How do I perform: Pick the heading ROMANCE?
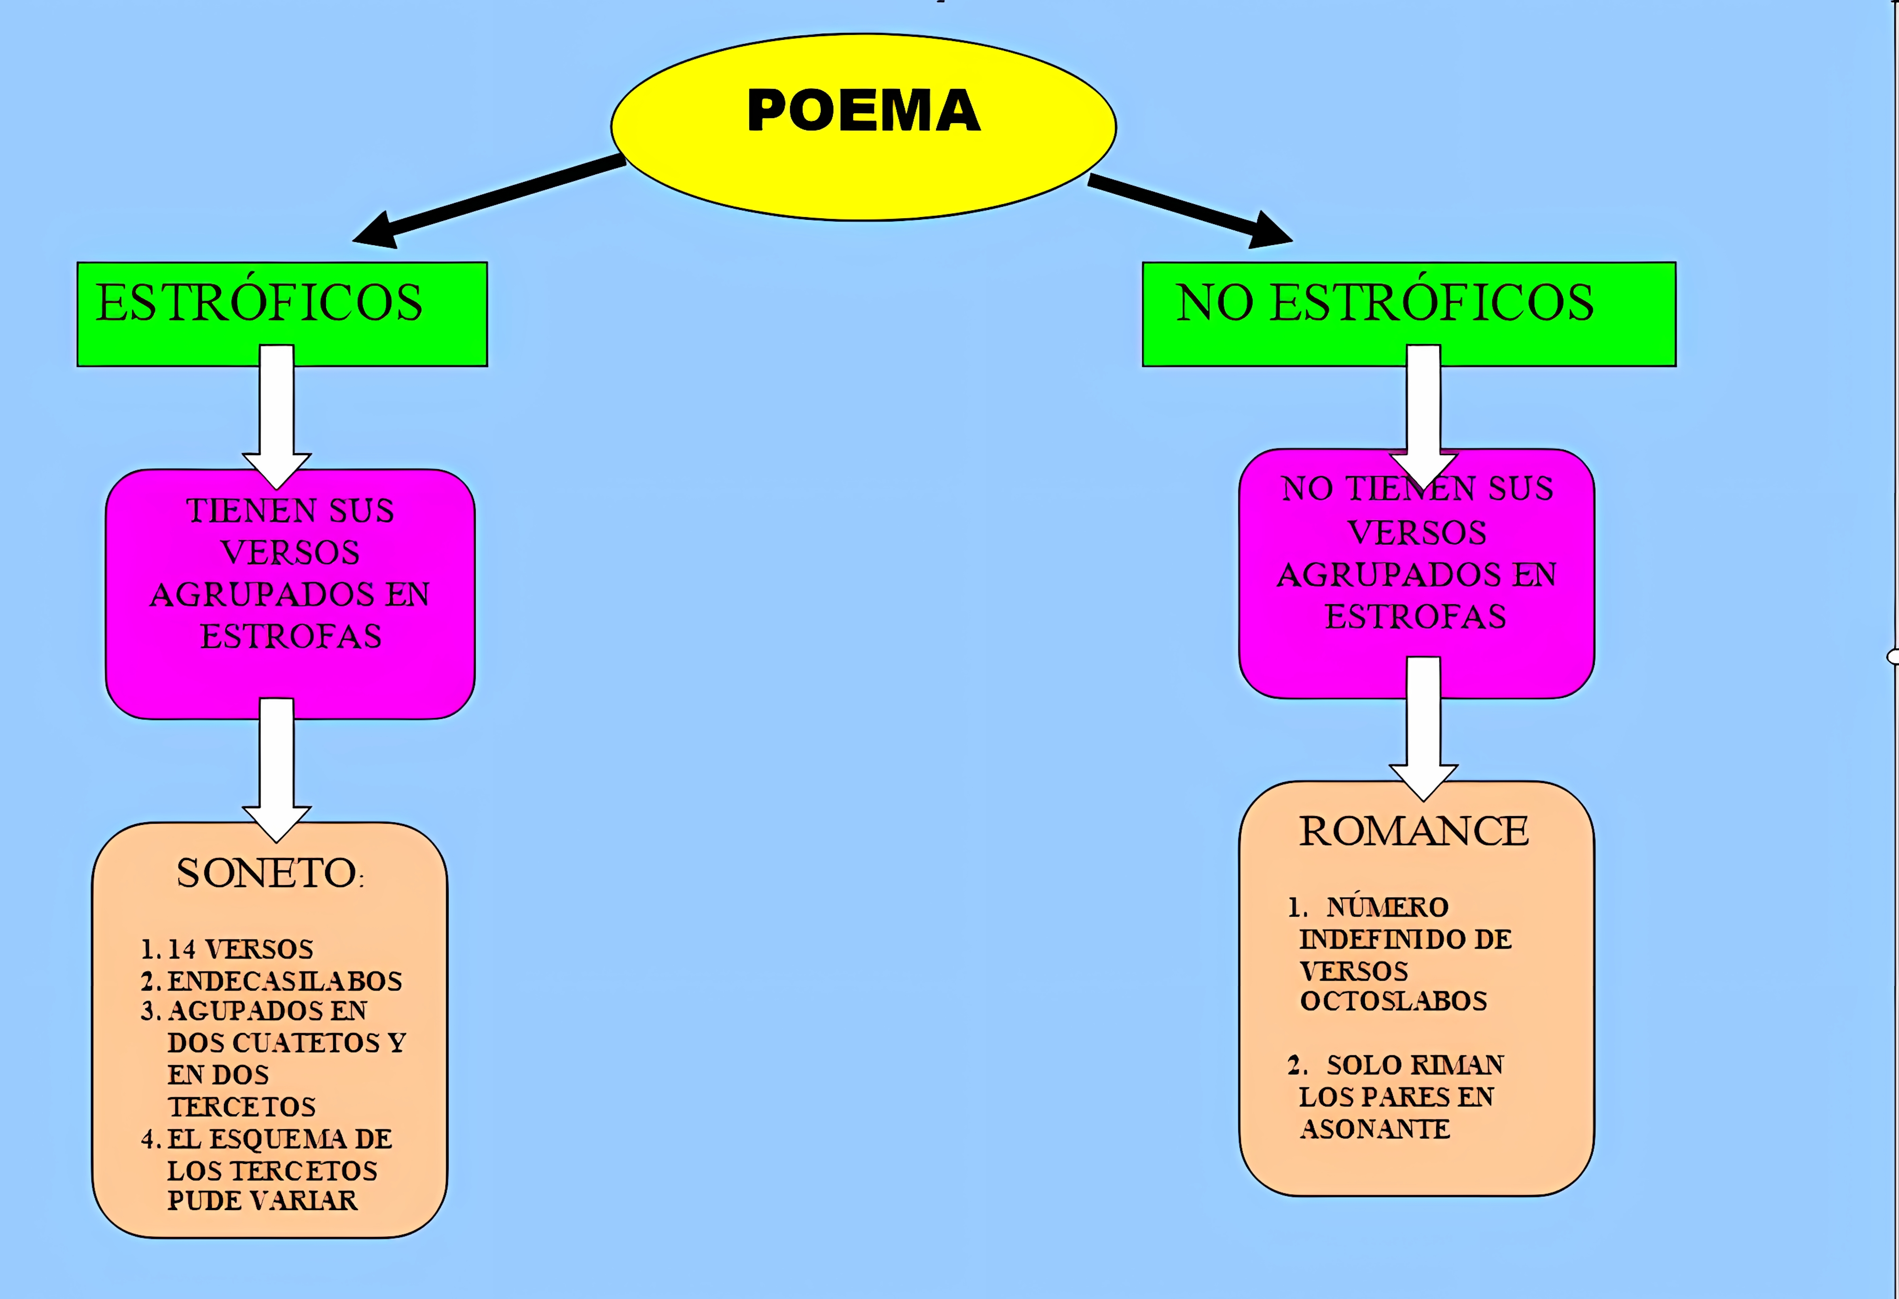click(x=1414, y=831)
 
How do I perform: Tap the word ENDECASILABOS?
click(x=284, y=980)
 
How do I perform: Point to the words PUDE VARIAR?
click(x=262, y=1200)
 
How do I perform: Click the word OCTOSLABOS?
click(x=1393, y=1001)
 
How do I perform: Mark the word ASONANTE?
click(x=1375, y=1128)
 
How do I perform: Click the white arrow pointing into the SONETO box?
click(x=276, y=768)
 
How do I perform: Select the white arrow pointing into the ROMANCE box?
click(x=1423, y=727)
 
